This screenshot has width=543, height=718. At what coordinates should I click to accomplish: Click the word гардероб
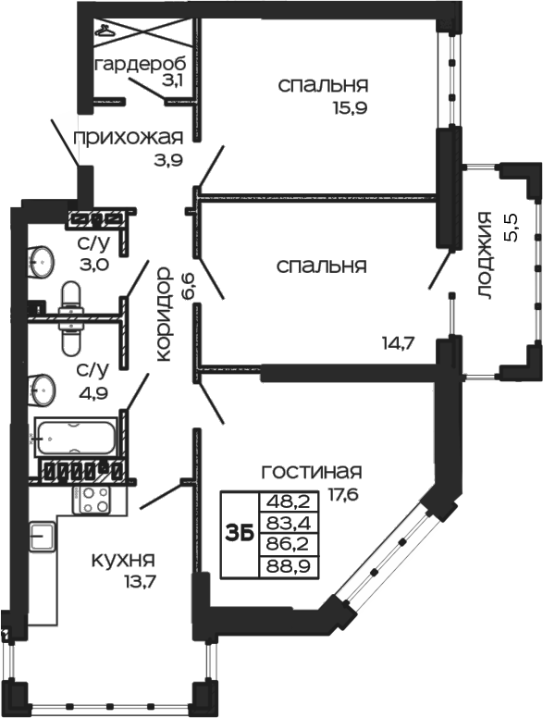coord(140,65)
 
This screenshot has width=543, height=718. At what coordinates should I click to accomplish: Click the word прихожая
coord(127,137)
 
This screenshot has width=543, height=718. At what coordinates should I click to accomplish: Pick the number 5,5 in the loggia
coord(510,226)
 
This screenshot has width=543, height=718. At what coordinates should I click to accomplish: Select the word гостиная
coord(311,471)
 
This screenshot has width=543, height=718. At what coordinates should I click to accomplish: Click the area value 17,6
coord(340,493)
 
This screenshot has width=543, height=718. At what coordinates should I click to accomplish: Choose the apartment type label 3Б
coord(239,534)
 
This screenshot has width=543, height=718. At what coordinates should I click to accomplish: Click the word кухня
coord(122,561)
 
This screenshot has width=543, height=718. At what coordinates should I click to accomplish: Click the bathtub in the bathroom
coord(75,434)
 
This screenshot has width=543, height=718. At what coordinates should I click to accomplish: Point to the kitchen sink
coord(42,534)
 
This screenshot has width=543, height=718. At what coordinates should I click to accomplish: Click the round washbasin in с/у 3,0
coord(41,262)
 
